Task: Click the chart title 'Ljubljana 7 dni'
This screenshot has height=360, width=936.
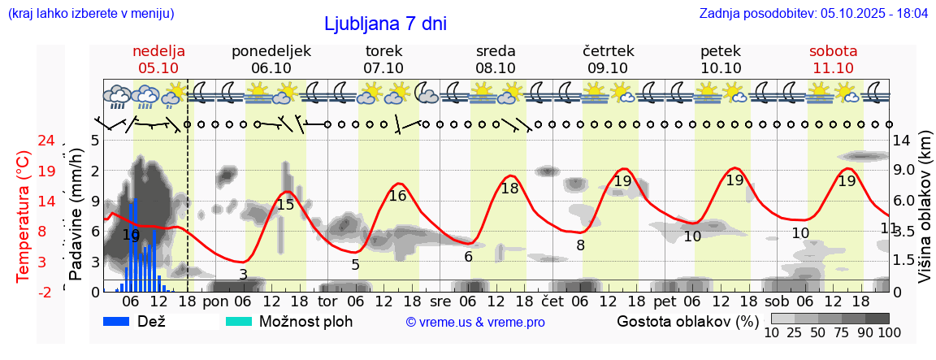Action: [385, 24]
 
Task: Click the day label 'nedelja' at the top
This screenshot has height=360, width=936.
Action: [159, 51]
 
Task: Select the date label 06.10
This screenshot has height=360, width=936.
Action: [271, 68]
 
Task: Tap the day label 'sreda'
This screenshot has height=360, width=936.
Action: [496, 51]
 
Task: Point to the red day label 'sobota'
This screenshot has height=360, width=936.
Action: [833, 51]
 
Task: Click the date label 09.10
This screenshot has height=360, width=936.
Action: [608, 68]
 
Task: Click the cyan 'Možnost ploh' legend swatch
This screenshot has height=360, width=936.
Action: [239, 321]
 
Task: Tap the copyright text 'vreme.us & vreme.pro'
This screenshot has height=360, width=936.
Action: [475, 322]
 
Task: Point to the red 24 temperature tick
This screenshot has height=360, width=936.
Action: [46, 141]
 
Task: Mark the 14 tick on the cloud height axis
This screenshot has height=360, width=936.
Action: [902, 141]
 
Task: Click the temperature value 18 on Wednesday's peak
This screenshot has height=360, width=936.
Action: [509, 189]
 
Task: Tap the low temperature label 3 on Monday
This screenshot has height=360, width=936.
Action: [243, 275]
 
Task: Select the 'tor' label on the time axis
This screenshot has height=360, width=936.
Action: [327, 301]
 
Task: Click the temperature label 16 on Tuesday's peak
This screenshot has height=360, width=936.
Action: [397, 196]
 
